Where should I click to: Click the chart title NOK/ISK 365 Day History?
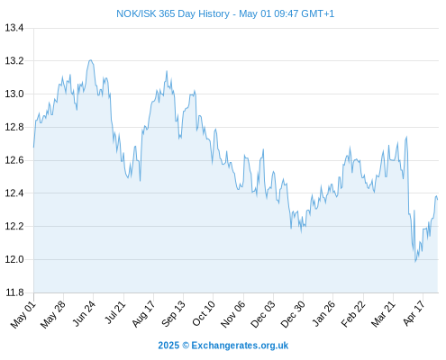(173, 13)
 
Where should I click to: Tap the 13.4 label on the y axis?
(14, 28)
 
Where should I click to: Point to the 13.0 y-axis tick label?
(14, 94)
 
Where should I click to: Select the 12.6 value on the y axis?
(14, 160)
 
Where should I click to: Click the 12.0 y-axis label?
(14, 259)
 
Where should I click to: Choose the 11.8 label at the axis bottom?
(14, 292)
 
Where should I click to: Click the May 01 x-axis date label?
(23, 315)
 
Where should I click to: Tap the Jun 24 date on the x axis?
(84, 313)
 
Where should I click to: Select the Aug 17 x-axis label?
(143, 314)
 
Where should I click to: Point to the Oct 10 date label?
(204, 314)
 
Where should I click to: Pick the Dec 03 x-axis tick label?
(263, 314)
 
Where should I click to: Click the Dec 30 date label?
(293, 314)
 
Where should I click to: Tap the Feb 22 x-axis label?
(353, 314)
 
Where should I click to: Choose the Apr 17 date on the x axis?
(414, 313)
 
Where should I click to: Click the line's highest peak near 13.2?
(90, 60)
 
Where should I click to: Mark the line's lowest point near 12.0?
(415, 262)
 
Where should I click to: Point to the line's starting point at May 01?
(33, 147)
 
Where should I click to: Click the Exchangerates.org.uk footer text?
(240, 346)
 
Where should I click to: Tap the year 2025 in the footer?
(168, 346)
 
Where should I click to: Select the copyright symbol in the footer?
(186, 346)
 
